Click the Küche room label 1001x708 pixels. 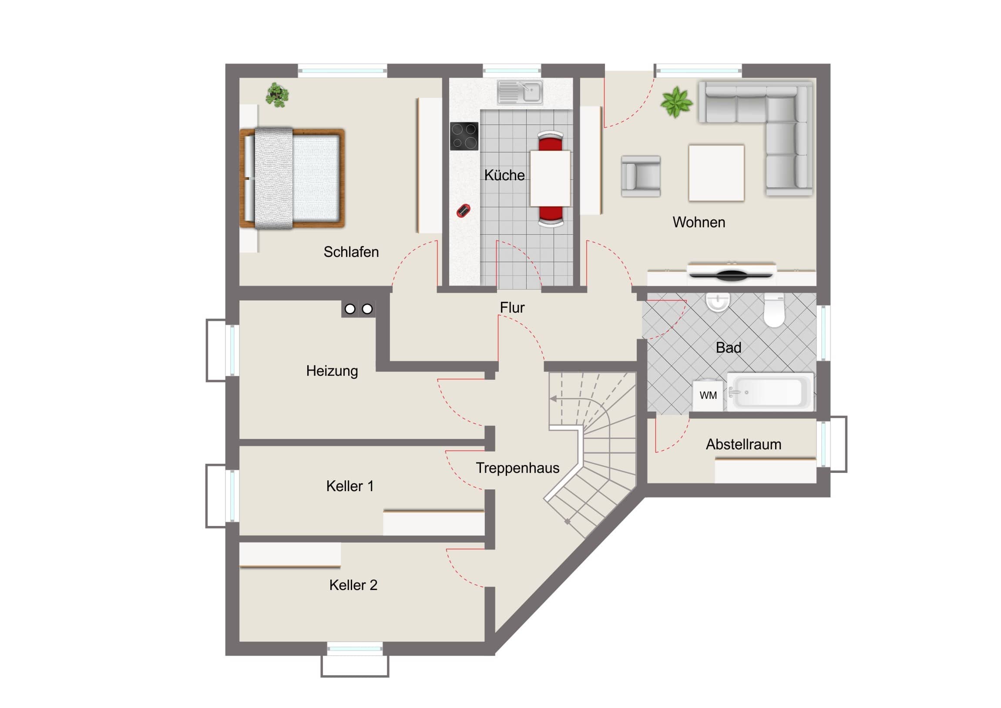(x=504, y=175)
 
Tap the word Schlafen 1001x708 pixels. (x=351, y=252)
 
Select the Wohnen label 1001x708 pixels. (x=699, y=222)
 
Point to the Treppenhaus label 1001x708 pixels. (x=517, y=468)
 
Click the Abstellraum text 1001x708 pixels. (x=743, y=444)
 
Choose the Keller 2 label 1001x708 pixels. (x=353, y=585)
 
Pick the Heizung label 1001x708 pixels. (x=332, y=371)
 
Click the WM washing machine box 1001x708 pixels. (x=708, y=395)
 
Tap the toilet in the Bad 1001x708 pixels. (x=774, y=310)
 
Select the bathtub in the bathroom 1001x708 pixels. (x=770, y=391)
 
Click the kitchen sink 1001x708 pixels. (x=520, y=92)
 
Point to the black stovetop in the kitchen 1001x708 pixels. (x=464, y=136)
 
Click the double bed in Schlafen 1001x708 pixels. (x=292, y=179)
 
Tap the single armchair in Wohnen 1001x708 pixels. (x=641, y=176)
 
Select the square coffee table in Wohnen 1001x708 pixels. (x=716, y=173)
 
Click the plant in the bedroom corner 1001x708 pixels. (x=277, y=95)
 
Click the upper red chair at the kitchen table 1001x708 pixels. (x=550, y=141)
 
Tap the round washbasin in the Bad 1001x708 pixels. (x=717, y=302)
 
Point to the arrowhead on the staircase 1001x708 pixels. (x=553, y=399)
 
